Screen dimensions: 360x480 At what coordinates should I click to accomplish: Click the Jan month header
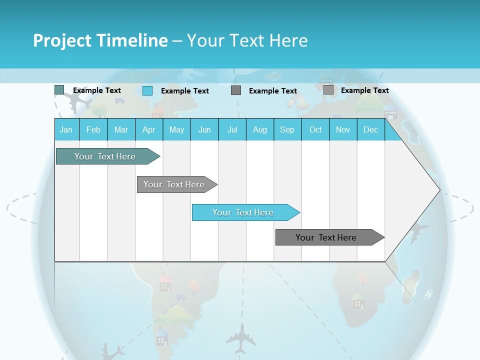click(x=66, y=129)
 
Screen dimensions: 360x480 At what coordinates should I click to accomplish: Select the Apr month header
click(x=148, y=129)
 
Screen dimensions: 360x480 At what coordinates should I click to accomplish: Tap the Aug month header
click(x=259, y=129)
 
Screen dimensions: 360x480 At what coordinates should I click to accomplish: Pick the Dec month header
click(x=370, y=129)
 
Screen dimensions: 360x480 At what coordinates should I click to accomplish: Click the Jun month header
click(x=204, y=129)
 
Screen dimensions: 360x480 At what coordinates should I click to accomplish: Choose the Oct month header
click(x=315, y=129)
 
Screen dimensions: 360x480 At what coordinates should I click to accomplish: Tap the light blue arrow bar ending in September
click(x=244, y=212)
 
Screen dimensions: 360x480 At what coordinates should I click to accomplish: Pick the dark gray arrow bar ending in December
click(x=327, y=237)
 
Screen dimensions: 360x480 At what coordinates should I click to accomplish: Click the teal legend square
click(x=59, y=90)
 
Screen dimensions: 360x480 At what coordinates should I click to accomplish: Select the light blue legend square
click(x=147, y=90)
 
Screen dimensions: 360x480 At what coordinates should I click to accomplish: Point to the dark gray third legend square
click(x=236, y=90)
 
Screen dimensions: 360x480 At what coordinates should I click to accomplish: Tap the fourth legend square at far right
click(x=328, y=90)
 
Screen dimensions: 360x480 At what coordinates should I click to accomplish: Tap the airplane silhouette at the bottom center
click(x=241, y=338)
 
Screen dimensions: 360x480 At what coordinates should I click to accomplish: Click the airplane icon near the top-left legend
click(x=79, y=102)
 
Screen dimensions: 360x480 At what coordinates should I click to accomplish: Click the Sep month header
click(x=287, y=129)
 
